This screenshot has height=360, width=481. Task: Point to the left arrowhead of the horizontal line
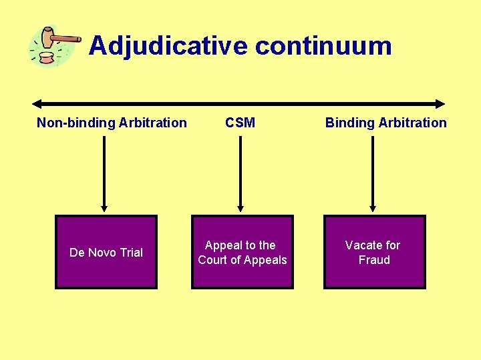37,104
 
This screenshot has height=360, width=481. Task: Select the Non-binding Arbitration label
112,123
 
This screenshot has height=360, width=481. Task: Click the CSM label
240,123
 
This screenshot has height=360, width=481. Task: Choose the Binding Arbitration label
385,123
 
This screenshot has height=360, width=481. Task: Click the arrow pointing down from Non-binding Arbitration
104,173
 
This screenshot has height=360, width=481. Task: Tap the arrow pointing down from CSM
240,173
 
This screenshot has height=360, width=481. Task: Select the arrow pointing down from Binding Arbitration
373,173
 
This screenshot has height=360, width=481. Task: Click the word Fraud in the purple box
374,260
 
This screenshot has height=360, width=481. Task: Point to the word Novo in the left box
102,253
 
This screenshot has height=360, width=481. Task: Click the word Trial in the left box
131,253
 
